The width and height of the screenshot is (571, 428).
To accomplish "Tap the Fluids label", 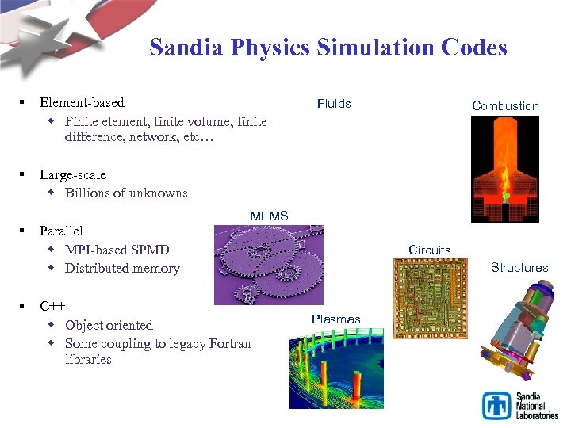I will click(x=334, y=103).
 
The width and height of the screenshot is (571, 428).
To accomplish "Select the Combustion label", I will click(x=505, y=105).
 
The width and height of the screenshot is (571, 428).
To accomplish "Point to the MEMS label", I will click(x=269, y=216).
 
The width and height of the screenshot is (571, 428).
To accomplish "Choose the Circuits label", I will click(x=429, y=250).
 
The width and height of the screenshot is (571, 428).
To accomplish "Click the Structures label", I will click(x=519, y=267).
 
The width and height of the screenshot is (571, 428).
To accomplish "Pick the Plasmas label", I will click(x=335, y=319).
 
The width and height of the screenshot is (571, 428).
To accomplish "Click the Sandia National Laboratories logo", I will click(x=520, y=405).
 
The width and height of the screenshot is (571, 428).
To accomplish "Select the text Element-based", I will click(x=82, y=102).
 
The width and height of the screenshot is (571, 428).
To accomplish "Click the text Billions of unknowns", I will click(x=126, y=193).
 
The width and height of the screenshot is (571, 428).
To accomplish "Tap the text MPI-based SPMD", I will click(x=117, y=250).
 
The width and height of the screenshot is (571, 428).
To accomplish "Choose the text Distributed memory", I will click(x=122, y=268).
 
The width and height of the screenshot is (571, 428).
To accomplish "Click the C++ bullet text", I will click(x=52, y=306).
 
